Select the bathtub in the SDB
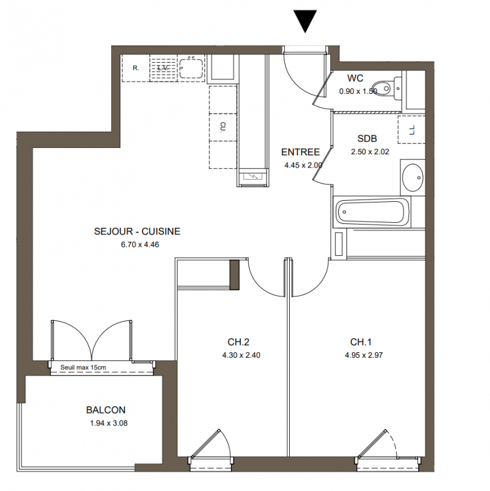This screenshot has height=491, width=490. [372, 212]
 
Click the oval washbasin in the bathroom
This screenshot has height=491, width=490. [413, 177]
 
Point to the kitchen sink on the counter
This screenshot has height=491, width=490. [191, 68]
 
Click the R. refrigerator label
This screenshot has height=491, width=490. [136, 68]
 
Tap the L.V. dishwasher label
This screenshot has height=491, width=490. [163, 68]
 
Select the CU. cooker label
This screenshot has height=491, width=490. [223, 127]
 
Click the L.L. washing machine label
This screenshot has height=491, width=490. [412, 130]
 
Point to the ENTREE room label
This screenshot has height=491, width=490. [300, 152]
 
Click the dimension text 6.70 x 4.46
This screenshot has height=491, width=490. [140, 244]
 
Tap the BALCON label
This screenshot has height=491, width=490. [106, 410]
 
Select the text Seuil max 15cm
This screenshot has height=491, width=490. [83, 367]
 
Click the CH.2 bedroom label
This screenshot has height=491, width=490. [238, 342]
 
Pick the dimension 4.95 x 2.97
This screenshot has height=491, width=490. [364, 355]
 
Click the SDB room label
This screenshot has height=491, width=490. [367, 139]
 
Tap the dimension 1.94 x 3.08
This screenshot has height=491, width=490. [109, 423]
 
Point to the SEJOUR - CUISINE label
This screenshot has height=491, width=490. [137, 231]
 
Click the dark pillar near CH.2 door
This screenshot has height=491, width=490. [235, 274]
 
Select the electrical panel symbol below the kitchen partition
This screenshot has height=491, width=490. [252, 177]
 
